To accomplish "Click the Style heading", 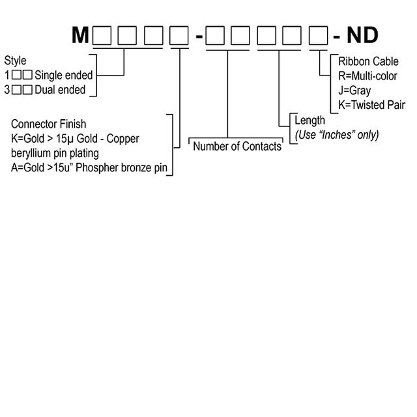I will tap(15, 61).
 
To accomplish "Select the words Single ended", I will tap(63, 76).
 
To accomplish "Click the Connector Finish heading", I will tap(48, 124).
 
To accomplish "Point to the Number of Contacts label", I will tap(237, 147).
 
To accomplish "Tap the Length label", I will tap(309, 121).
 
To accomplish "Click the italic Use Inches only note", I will tap(336, 135).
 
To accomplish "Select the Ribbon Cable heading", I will tap(367, 62).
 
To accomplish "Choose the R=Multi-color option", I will tap(369, 76).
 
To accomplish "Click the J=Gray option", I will tap(354, 91).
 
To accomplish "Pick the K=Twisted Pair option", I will tap(371, 105).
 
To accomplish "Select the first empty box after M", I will tap(102, 35).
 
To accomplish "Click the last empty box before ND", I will tap(319, 35).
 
